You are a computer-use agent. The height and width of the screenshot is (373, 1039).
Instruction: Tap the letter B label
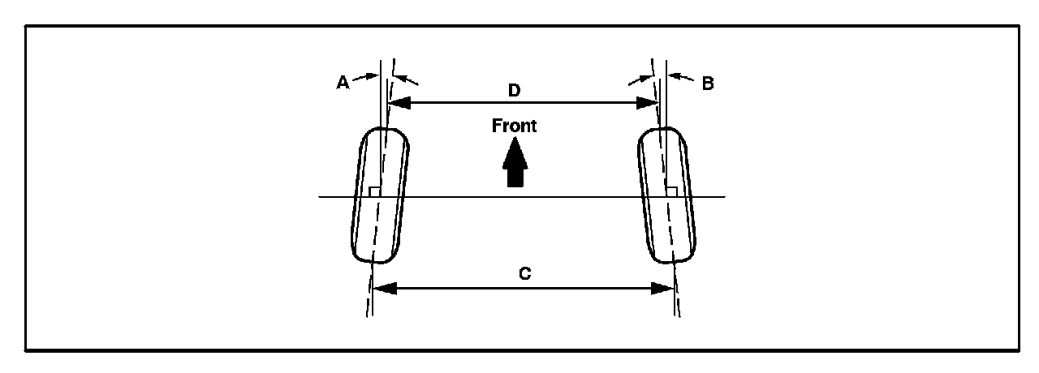pos(707,83)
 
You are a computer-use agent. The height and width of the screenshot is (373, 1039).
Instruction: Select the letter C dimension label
pos(524,274)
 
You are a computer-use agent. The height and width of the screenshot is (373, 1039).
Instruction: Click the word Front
pos(513,126)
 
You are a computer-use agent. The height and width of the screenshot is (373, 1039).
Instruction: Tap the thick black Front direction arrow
pos(513,164)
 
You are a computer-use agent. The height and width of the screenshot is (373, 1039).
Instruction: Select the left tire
pos(381,196)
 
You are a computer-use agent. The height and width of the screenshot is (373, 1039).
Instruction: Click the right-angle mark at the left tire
pos(373,191)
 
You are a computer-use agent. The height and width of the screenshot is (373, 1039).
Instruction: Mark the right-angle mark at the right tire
pos(671,191)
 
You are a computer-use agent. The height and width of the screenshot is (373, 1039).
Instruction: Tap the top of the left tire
pos(386,130)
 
